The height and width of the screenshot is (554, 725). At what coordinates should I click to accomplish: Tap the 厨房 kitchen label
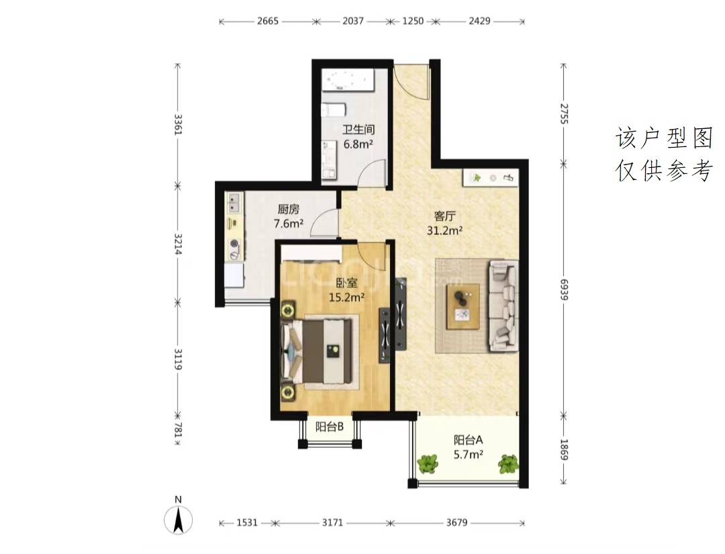289,210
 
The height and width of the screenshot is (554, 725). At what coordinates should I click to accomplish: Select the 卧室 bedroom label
346,282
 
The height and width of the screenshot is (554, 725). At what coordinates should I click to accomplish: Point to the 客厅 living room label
445,216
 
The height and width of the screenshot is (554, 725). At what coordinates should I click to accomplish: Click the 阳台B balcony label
329,426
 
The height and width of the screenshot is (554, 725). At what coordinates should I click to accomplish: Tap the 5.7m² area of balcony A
469,455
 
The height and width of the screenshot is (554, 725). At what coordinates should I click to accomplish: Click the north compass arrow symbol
179,519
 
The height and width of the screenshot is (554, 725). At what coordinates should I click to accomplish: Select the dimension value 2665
268,21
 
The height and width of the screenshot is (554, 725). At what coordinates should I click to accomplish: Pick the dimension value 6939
564,289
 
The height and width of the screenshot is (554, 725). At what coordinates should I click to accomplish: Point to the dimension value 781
179,430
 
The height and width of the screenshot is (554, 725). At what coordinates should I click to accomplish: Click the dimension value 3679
457,522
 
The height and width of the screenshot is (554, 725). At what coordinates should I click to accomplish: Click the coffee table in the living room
463,306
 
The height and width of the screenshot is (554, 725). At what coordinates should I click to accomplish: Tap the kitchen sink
234,203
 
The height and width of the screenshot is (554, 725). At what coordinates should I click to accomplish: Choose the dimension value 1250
412,21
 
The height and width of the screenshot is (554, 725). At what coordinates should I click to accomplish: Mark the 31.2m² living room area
445,230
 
